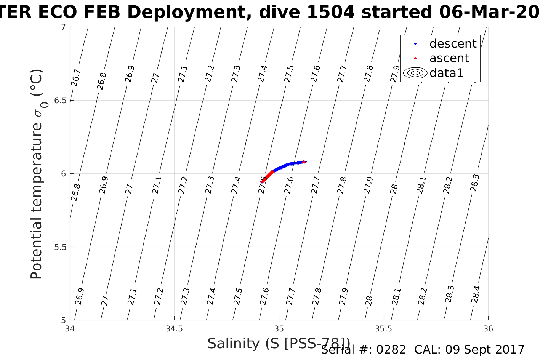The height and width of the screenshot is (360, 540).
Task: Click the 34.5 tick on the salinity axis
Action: (x=174, y=329)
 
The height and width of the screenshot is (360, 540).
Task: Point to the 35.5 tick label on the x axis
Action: (x=383, y=329)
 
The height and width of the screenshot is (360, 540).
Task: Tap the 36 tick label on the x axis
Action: (x=488, y=329)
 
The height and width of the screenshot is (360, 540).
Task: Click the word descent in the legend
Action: (x=453, y=44)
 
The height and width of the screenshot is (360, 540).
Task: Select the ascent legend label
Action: (x=449, y=58)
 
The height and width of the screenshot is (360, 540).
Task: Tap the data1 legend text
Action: (x=446, y=73)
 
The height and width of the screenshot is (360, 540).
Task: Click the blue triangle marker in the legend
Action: (x=415, y=44)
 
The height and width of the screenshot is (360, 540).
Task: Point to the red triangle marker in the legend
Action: (x=415, y=58)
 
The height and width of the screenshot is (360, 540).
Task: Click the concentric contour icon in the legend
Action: (x=415, y=73)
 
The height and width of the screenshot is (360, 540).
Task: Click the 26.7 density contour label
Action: (x=75, y=78)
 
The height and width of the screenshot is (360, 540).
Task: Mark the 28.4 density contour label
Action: (x=476, y=294)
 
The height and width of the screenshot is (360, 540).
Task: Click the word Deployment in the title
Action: (x=188, y=13)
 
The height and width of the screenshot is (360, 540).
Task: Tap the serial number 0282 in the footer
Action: (x=391, y=350)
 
